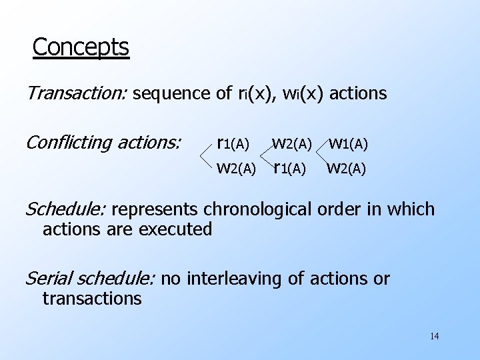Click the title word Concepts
(80, 48)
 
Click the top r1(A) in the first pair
(233, 143)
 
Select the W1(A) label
(349, 143)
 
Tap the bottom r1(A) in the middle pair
(289, 168)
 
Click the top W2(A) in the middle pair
(292, 143)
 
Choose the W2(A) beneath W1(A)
(346, 168)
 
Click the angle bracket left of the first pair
(207, 155)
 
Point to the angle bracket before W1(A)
(323, 155)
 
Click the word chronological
(269, 209)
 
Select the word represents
(155, 209)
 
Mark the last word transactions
(92, 298)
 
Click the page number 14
(434, 336)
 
